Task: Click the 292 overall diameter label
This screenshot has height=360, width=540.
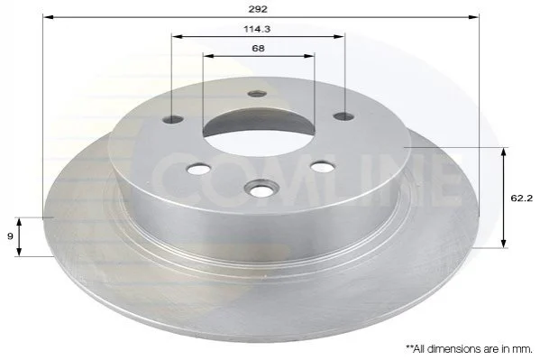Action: tap(258, 9)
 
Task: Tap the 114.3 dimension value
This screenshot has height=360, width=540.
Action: tap(257, 29)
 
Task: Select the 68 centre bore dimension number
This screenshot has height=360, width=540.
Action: tap(258, 49)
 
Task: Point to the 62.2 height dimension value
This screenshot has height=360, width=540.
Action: tap(522, 198)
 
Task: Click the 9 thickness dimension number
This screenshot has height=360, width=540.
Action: tap(10, 236)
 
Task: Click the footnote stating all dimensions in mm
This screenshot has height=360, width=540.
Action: tap(470, 349)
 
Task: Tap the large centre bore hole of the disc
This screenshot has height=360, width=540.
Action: tap(259, 130)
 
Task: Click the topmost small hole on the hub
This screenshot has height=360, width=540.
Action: tap(258, 94)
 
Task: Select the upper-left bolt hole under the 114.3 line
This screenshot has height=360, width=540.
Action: tap(172, 120)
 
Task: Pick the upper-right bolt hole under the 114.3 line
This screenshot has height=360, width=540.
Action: tap(344, 116)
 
